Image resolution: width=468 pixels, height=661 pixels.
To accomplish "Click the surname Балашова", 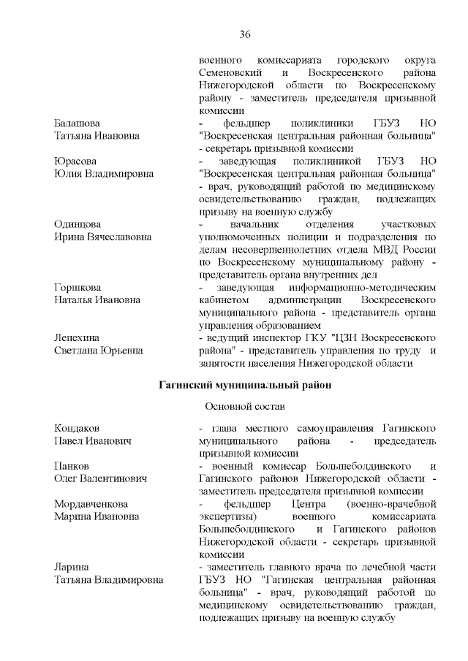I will (78, 123).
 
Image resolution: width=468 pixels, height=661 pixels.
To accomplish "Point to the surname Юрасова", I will (75, 161).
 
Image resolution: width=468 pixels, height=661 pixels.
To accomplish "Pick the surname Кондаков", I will (77, 427).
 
